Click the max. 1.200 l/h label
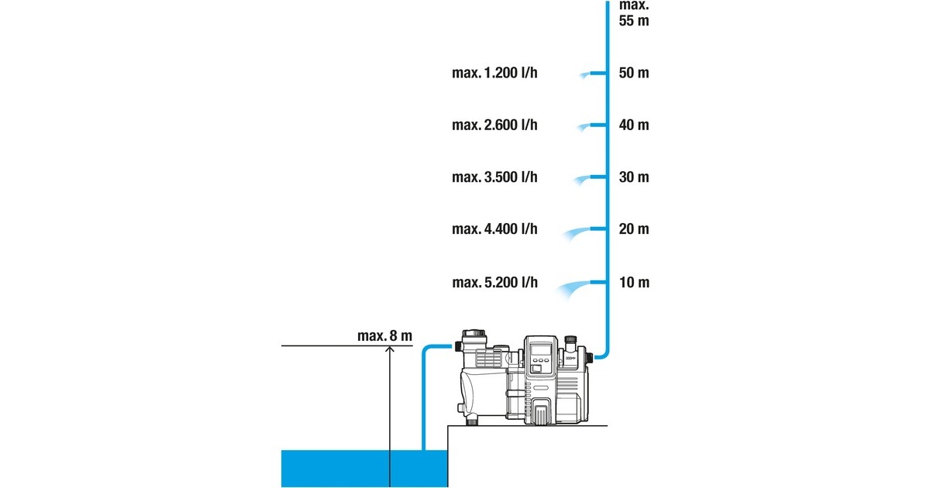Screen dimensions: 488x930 tap(494, 73)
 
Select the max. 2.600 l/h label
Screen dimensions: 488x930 tap(494, 125)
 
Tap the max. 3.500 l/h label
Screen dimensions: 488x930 tap(494, 177)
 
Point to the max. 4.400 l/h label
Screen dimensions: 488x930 tap(494, 229)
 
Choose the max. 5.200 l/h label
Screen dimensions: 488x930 tap(494, 282)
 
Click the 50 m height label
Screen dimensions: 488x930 tap(634, 73)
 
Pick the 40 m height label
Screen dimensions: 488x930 tap(634, 125)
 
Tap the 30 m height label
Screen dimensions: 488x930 tap(634, 177)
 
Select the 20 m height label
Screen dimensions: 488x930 tap(634, 229)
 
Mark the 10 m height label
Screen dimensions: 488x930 tap(634, 282)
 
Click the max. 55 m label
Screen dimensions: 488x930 tap(634, 12)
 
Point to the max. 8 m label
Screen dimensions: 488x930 tap(384, 335)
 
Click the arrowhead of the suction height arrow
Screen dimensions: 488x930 tap(390, 349)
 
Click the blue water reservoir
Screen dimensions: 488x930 tap(364, 468)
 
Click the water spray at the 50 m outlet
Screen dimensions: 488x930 tap(581, 74)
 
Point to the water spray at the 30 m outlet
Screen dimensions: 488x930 tap(578, 179)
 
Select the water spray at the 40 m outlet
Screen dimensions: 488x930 tap(580, 126)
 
